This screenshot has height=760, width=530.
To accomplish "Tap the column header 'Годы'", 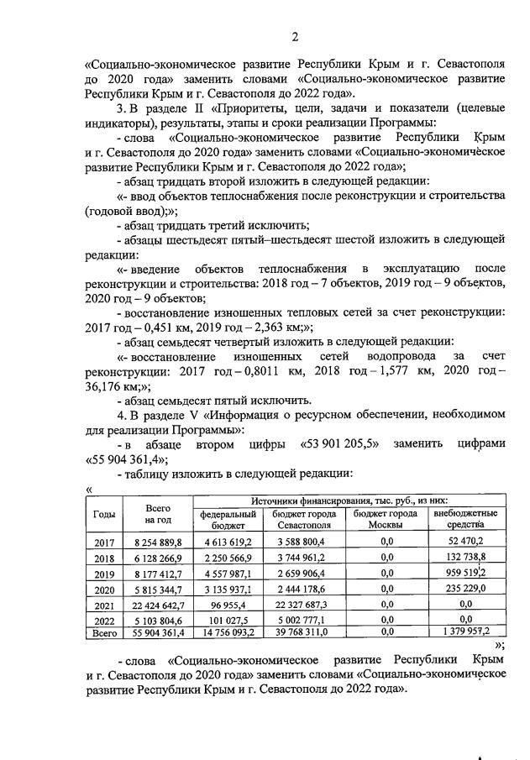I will [x=105, y=513].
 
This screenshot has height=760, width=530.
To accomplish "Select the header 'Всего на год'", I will [x=158, y=513].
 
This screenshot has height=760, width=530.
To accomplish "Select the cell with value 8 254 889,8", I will [x=159, y=543].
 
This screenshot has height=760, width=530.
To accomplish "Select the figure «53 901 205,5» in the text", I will [x=341, y=443].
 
